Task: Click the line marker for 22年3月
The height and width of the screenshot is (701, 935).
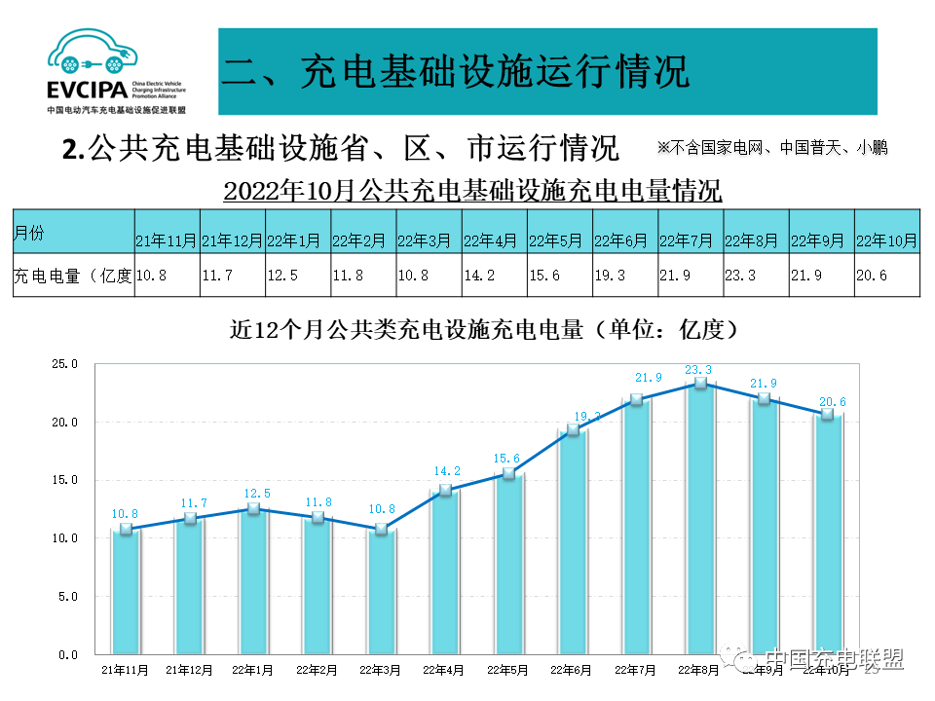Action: click(381, 529)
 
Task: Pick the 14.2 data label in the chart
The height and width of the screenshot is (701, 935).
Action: click(445, 472)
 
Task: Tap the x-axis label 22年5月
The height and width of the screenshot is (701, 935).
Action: click(507, 670)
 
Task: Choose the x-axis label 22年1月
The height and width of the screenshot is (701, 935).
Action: click(253, 670)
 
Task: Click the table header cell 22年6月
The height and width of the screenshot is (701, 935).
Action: click(624, 240)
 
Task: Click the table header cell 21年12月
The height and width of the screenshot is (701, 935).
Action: click(232, 240)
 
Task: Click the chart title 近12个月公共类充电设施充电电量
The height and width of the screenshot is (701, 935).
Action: click(483, 330)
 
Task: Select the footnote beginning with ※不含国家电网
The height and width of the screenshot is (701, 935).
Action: click(772, 148)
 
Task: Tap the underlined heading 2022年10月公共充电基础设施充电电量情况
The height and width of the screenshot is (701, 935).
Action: click(472, 190)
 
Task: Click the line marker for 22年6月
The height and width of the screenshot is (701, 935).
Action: click(573, 430)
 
